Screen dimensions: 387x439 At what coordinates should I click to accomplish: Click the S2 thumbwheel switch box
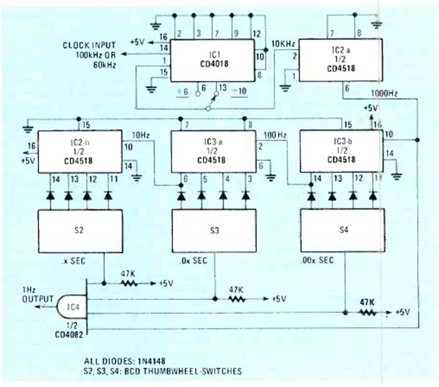tap(79, 231)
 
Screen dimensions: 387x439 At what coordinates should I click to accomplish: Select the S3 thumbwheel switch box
tap(213, 231)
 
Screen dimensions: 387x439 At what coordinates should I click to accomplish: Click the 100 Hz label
tap(276, 134)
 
